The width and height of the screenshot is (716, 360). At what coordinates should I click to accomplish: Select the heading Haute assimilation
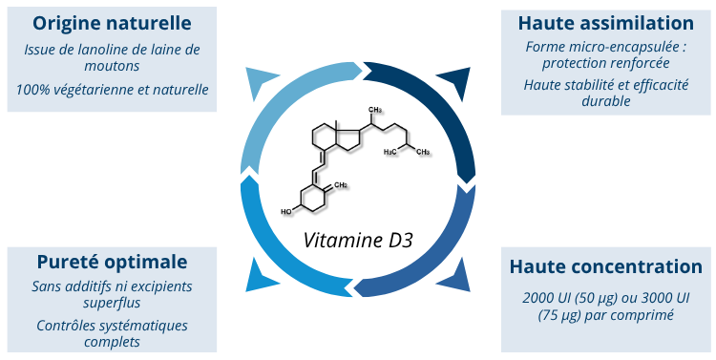[x=605, y=22]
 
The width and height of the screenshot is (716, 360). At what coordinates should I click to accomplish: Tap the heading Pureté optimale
[x=112, y=261]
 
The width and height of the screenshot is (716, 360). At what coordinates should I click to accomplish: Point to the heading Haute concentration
[x=606, y=266]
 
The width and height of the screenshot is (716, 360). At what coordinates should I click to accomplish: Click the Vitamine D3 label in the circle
[x=358, y=240]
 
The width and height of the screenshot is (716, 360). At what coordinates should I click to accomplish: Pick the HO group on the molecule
[x=286, y=211]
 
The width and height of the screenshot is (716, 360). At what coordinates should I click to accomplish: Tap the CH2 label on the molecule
[x=341, y=184]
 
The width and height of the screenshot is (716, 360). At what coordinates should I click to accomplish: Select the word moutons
[x=113, y=66]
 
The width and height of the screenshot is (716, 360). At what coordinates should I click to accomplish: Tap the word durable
[x=605, y=101]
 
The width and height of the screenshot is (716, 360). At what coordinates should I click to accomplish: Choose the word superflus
[x=113, y=303]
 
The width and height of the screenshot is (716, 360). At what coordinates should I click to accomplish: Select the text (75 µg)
[x=564, y=315]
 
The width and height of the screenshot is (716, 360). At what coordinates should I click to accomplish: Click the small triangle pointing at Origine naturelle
[x=259, y=83]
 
